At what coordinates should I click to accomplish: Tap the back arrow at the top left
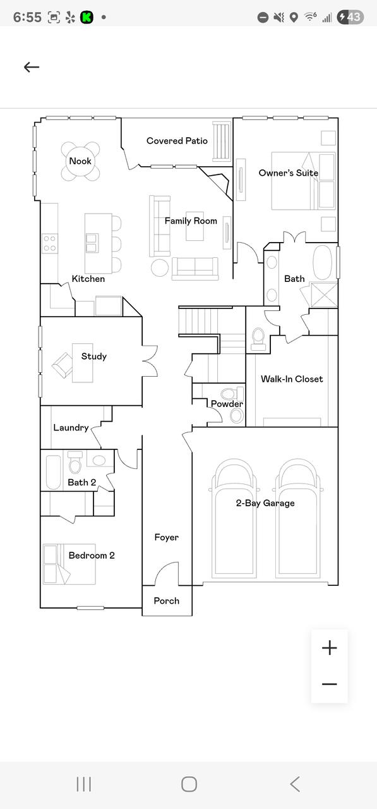32,67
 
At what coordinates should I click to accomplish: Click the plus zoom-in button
330,648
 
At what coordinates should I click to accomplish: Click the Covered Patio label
177,141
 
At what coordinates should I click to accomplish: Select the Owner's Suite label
288,173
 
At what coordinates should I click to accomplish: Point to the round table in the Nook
80,161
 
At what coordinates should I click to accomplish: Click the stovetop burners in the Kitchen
49,243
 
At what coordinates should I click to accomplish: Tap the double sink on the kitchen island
92,243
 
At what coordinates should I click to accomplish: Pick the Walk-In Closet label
292,379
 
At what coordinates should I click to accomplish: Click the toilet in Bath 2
75,463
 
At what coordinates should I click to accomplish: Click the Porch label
166,600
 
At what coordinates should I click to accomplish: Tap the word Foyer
166,537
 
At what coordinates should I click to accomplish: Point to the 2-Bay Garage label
265,503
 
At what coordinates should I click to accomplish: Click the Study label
94,356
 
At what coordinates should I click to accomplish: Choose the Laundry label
71,428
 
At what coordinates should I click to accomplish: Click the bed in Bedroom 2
69,564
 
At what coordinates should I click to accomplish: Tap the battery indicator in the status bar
350,17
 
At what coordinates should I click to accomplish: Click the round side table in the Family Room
160,267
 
